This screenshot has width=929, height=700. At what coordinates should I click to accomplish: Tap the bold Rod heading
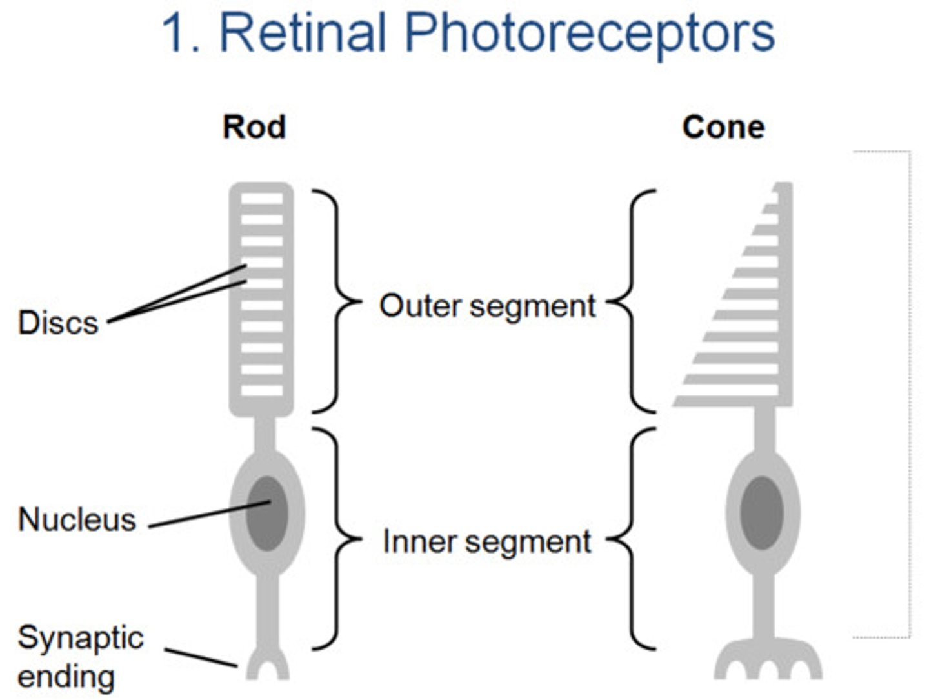[254, 127]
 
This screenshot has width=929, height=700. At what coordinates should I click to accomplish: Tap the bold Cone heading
[723, 127]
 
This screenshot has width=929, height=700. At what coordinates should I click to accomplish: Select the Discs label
[58, 323]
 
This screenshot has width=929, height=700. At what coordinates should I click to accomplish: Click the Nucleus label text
[77, 519]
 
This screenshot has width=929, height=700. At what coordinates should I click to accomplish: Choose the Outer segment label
[487, 306]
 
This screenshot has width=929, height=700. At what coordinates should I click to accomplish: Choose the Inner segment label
[487, 541]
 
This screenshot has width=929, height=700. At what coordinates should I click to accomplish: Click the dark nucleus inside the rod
[267, 514]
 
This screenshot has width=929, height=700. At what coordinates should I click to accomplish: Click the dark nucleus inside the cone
[762, 514]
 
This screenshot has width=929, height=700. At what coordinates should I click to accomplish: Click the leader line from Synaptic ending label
[200, 657]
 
